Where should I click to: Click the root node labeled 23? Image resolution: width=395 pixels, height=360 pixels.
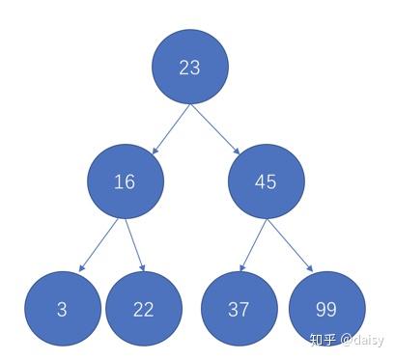(x=189, y=67)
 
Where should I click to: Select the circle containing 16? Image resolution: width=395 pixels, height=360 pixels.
(x=125, y=181)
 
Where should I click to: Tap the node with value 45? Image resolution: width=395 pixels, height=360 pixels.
(x=267, y=181)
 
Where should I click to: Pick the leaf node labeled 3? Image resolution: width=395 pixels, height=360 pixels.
(x=63, y=309)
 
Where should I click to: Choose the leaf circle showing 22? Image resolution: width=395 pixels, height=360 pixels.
(x=144, y=309)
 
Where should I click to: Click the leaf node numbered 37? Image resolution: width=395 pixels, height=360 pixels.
(x=240, y=309)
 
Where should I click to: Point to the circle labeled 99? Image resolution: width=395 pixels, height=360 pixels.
(x=326, y=309)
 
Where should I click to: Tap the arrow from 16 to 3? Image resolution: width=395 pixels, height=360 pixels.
(x=99, y=245)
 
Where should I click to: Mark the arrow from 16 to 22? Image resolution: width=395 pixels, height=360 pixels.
(x=135, y=245)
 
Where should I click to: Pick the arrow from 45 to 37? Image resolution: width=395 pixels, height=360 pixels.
(x=251, y=245)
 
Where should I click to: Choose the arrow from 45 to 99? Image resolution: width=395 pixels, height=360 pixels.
(x=291, y=245)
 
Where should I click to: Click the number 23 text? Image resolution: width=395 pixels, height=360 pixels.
(x=189, y=68)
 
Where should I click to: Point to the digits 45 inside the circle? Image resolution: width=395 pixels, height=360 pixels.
(x=267, y=182)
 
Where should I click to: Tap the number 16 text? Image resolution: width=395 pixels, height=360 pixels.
(x=125, y=182)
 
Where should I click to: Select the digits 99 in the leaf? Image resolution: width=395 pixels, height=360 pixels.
(x=326, y=310)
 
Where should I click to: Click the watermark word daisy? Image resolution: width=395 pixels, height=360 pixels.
(x=366, y=340)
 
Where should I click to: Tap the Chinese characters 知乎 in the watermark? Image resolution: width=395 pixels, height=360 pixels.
(x=322, y=340)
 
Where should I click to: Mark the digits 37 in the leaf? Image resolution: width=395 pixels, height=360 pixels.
(x=240, y=310)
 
